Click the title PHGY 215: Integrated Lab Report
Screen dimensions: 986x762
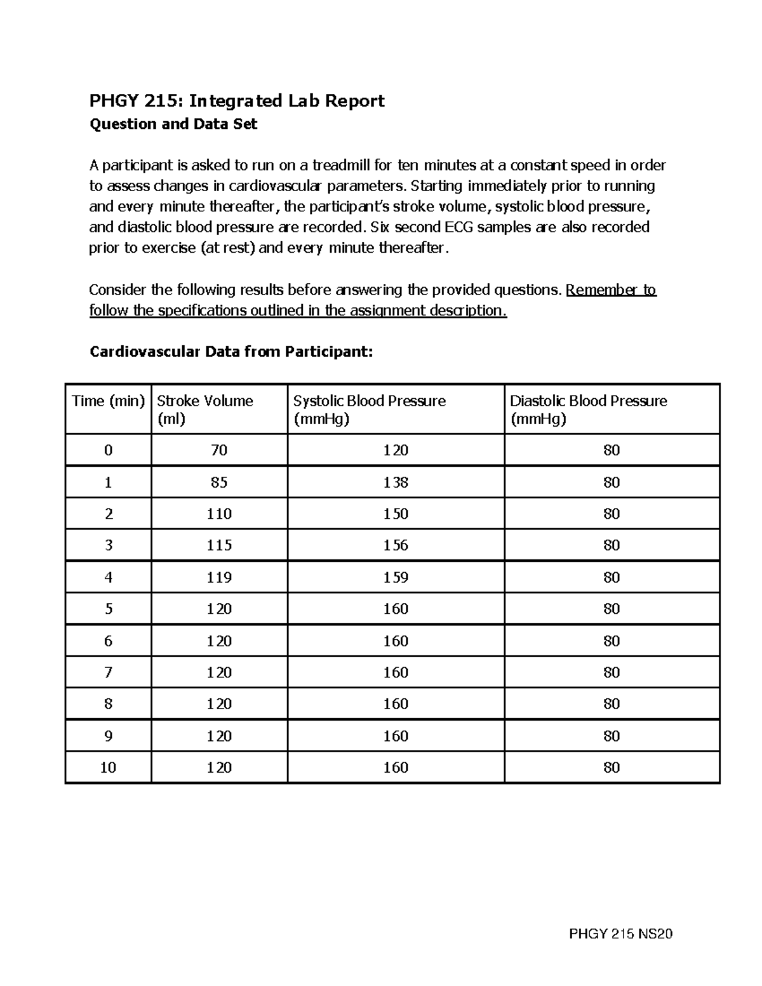(x=237, y=101)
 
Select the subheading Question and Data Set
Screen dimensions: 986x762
(x=173, y=124)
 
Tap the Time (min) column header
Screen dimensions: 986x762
(x=109, y=401)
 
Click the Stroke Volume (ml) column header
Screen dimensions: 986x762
(x=204, y=410)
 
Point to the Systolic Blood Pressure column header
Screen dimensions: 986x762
(x=369, y=410)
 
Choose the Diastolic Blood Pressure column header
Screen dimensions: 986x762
(x=588, y=410)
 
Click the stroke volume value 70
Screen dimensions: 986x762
(x=219, y=450)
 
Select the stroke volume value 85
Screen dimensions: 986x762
(x=219, y=483)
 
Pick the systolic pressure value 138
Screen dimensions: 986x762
(x=396, y=483)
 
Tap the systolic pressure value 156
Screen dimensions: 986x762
(x=396, y=545)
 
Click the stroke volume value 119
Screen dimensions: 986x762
(x=219, y=577)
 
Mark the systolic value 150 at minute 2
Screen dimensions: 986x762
(x=396, y=514)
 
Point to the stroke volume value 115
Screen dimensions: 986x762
(x=219, y=545)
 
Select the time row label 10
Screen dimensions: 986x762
(x=108, y=768)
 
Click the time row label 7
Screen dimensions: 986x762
(x=108, y=672)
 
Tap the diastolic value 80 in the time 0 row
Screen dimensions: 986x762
(x=612, y=450)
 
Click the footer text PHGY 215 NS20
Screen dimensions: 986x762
(x=620, y=934)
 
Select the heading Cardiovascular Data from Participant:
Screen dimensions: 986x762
(x=231, y=352)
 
